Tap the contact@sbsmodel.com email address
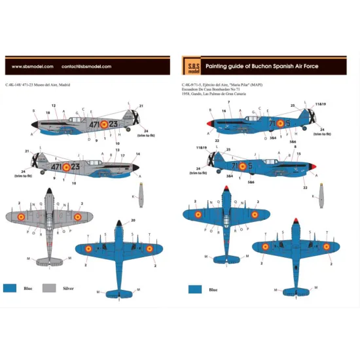tap(86, 66)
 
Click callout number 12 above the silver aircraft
tap(54, 105)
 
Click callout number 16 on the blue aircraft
tap(224, 111)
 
